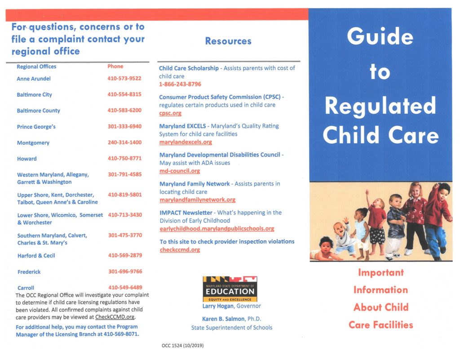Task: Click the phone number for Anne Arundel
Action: pyautogui.click(x=124, y=79)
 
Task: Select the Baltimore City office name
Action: pyautogui.click(x=34, y=95)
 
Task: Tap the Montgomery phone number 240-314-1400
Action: pyautogui.click(x=124, y=142)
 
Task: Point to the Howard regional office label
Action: pyautogui.click(x=27, y=159)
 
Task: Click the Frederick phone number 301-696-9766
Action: pyautogui.click(x=125, y=271)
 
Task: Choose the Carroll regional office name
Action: pyautogui.click(x=26, y=288)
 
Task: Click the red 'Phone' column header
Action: pyautogui.click(x=115, y=67)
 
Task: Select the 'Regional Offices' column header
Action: pyautogui.click(x=36, y=67)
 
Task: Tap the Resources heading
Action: pyautogui.click(x=228, y=41)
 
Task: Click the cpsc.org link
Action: pyautogui.click(x=170, y=113)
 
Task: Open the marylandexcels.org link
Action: pyautogui.click(x=186, y=142)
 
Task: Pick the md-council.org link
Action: pyautogui.click(x=180, y=171)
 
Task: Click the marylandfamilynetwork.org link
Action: pyautogui.click(x=197, y=200)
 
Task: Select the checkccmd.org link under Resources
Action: pyautogui.click(x=180, y=250)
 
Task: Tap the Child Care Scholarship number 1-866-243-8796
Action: pyautogui.click(x=180, y=84)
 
